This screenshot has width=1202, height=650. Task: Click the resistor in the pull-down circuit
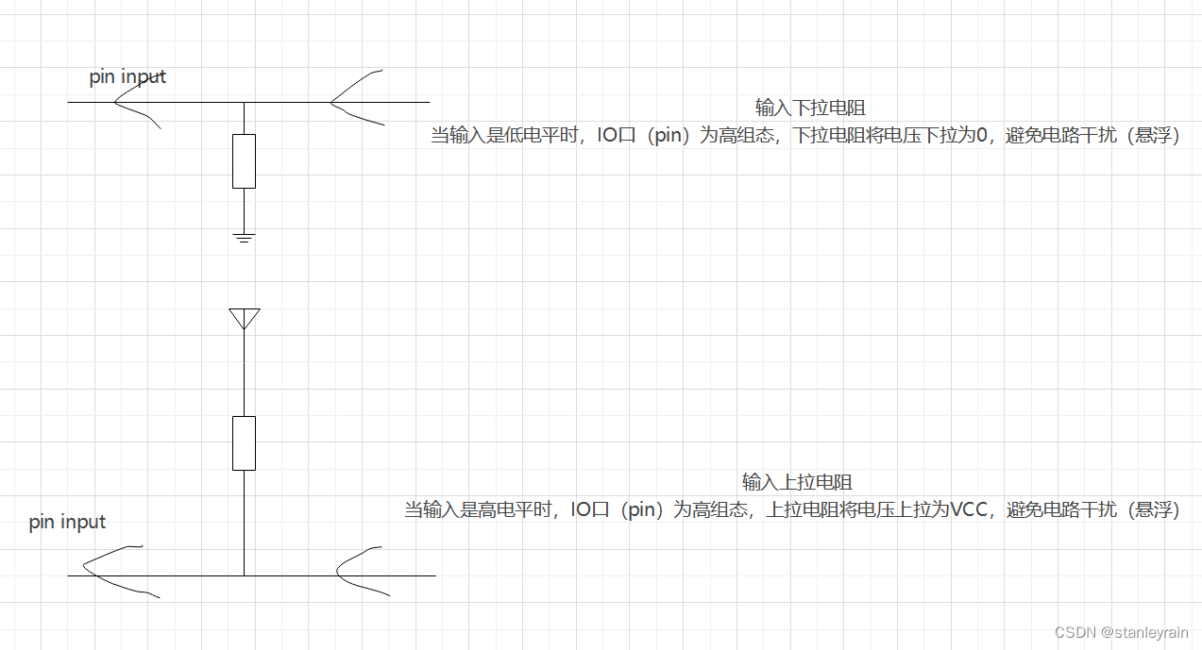244,161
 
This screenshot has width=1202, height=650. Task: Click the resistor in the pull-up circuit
244,442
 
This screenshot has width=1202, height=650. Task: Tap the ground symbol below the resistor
244,237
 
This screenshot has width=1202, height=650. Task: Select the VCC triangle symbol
244,318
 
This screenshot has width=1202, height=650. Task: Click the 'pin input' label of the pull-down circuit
127,76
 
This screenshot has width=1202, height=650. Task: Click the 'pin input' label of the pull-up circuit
67,522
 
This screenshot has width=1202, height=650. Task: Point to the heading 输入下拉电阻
810,108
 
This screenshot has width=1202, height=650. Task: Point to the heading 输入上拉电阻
797,483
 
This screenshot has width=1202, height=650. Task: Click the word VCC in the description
968,510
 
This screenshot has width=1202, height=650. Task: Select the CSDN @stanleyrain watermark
1121,633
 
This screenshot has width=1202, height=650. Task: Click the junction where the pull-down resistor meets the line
244,102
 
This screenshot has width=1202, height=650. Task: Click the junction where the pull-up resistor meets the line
244,575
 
